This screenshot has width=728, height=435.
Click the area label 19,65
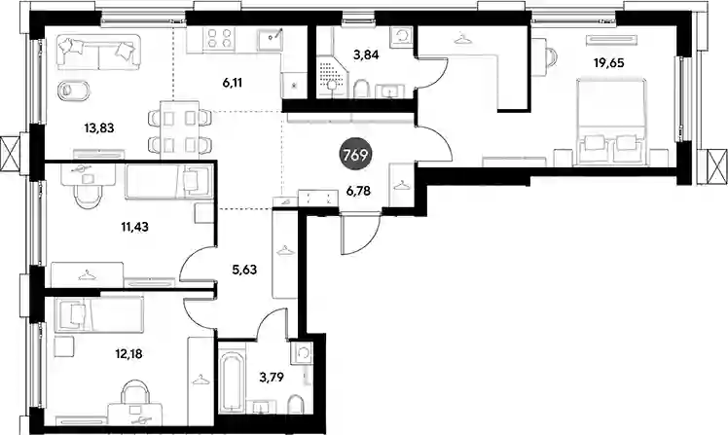point(608,63)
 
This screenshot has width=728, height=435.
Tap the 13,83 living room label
point(99,127)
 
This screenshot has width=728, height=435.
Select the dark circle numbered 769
point(355,155)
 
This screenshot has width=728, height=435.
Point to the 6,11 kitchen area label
point(233,83)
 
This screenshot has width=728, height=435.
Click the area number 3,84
point(366,55)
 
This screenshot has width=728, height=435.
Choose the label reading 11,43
point(134,227)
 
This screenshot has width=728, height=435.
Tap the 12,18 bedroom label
point(128,354)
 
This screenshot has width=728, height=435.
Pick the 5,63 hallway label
point(244,270)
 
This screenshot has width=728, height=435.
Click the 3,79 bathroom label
point(272,377)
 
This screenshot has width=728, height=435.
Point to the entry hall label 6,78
point(358,191)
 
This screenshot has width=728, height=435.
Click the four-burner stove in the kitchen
point(219,38)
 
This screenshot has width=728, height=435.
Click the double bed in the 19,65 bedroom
point(611,122)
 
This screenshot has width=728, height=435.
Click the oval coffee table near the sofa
point(73,91)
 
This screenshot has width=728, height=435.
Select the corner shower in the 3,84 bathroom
point(332,76)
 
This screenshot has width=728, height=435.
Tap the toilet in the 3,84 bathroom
point(362,89)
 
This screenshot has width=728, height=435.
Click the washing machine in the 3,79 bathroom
point(302,354)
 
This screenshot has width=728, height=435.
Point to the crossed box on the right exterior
point(718,166)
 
